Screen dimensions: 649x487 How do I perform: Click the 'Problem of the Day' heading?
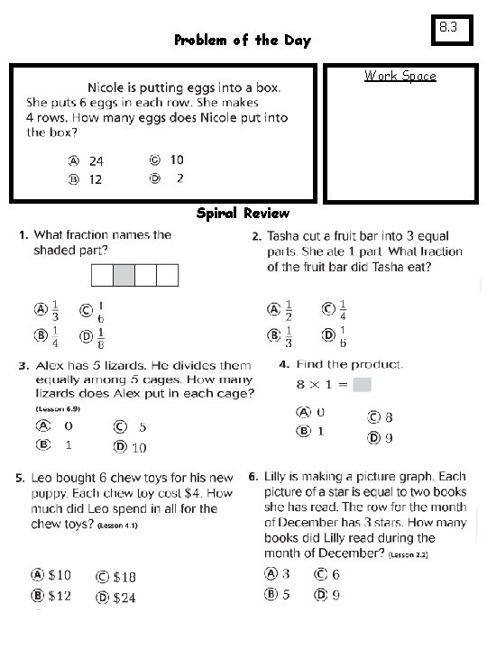click(242, 41)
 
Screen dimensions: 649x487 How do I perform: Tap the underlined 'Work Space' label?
click(400, 76)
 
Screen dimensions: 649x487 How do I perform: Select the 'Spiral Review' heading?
click(243, 214)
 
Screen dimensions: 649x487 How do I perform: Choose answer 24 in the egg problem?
click(96, 160)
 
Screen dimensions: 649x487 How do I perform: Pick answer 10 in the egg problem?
click(176, 160)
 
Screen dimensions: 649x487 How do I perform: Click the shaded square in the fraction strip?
click(124, 274)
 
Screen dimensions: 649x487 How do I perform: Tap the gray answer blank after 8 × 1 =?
click(362, 385)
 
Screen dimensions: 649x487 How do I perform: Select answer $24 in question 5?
click(124, 597)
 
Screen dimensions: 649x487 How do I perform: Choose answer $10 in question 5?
click(60, 574)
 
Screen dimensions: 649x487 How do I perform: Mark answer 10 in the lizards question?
click(139, 447)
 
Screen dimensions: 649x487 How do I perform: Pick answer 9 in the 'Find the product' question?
click(387, 438)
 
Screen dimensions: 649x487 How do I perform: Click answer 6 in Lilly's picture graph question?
click(335, 574)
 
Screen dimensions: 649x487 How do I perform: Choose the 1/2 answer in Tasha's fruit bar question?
click(288, 309)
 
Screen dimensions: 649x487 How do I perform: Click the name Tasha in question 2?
click(284, 236)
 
